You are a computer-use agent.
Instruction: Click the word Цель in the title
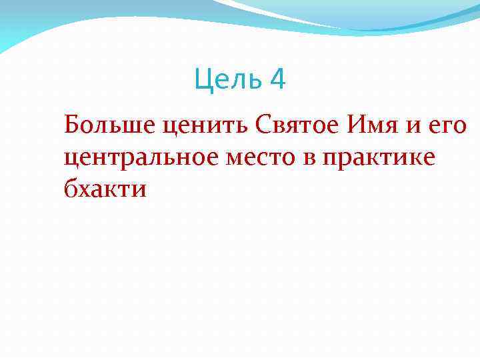pyautogui.click(x=228, y=81)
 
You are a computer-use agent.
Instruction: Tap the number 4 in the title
pyautogui.click(x=278, y=81)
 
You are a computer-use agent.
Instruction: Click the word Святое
pyautogui.click(x=267, y=125)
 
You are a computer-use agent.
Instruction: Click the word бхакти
pyautogui.click(x=105, y=189)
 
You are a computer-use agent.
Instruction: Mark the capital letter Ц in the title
pyautogui.click(x=202, y=81)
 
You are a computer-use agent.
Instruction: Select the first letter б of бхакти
pyautogui.click(x=70, y=189)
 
